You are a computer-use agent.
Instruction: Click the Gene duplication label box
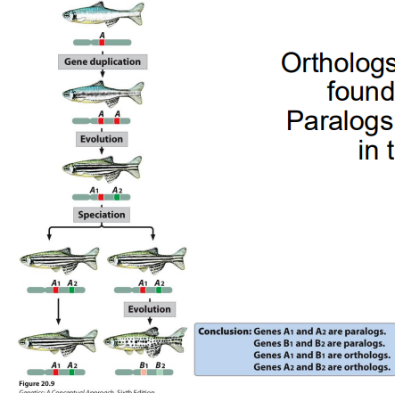pos(103,61)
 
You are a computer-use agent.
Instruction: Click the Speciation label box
pos(101,215)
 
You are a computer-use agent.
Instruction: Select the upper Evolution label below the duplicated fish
pos(102,140)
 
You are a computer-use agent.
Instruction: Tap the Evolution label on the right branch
pos(149,309)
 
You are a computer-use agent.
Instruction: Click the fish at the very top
pos(103,13)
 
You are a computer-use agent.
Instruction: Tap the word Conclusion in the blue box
pos(225,332)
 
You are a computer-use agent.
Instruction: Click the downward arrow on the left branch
pos(58,311)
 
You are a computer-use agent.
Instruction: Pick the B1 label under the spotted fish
pos(142,364)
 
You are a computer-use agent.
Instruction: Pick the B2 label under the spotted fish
pos(160,364)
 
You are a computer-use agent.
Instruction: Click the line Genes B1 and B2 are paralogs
pos(319,343)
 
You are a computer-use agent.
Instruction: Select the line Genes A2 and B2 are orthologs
pos(321,366)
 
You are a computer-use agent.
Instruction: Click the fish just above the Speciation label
pos(103,167)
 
